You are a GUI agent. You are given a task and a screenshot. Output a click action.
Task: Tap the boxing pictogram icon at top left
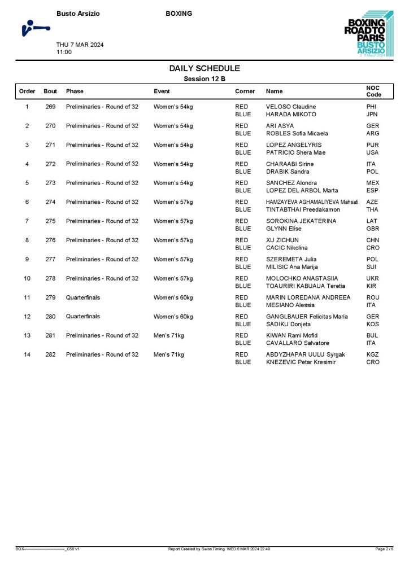pyautogui.click(x=34, y=28)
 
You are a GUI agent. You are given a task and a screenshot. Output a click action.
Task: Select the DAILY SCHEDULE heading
pyautogui.click(x=204, y=68)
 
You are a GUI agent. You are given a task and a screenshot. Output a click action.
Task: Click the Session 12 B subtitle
pyautogui.click(x=204, y=79)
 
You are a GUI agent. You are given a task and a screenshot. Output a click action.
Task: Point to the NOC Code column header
pyautogui.click(x=374, y=91)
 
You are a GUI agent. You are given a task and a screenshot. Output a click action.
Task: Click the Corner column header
pyautogui.click(x=245, y=91)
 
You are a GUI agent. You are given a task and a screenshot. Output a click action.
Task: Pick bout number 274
pyautogui.click(x=51, y=202)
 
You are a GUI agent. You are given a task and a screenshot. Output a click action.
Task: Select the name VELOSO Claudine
pyautogui.click(x=291, y=107)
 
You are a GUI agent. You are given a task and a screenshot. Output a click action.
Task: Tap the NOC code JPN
pyautogui.click(x=372, y=115)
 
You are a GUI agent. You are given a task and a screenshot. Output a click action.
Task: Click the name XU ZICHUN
pyautogui.click(x=282, y=240)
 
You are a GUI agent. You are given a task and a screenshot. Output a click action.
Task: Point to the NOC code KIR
pyautogui.click(x=371, y=286)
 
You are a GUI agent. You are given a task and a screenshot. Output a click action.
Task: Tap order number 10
pyautogui.click(x=27, y=278)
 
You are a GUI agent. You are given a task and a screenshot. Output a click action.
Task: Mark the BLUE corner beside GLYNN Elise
pyautogui.click(x=243, y=229)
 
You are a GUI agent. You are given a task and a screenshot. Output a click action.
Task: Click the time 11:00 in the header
pyautogui.click(x=64, y=52)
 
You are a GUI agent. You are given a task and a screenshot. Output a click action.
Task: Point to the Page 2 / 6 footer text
pyautogui.click(x=384, y=549)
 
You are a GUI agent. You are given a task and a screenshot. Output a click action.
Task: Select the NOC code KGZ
pyautogui.click(x=372, y=354)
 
